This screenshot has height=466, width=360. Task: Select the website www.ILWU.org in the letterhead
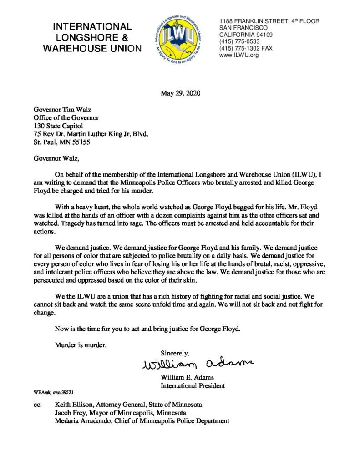(x=239, y=55)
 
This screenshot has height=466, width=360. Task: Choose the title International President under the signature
(x=193, y=386)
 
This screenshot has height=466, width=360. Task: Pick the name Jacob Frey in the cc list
(x=70, y=413)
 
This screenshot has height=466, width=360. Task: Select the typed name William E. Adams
(x=187, y=378)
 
